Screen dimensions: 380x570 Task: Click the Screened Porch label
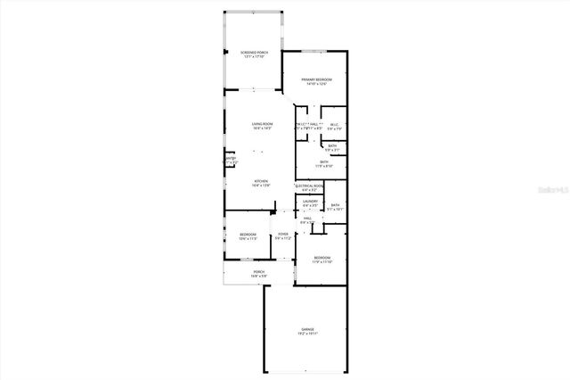coord(254,53)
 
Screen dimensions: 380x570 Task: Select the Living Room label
coord(261,124)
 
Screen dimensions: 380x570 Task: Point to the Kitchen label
coord(260,181)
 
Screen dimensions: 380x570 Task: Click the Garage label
coord(307,330)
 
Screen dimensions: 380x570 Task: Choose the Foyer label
coord(283,234)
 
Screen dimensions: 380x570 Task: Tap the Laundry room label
coord(310,202)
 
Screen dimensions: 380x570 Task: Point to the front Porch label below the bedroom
coord(259,272)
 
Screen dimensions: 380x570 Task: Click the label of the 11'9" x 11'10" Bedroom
coord(322,258)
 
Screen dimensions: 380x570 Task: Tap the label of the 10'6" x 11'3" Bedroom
coord(247,235)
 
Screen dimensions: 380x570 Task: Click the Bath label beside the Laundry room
coord(335,205)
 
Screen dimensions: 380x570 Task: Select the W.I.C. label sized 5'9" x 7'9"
coord(334,124)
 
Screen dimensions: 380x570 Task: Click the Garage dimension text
coord(307,335)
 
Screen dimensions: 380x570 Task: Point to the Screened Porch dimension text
coord(254,57)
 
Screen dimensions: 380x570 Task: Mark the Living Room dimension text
coord(261,128)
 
